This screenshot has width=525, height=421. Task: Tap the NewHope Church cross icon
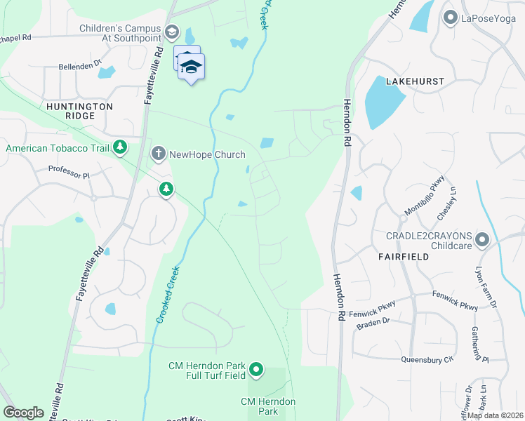click(x=159, y=153)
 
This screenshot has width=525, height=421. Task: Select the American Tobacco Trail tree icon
click(x=121, y=147)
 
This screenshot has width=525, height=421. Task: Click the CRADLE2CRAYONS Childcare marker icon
click(x=481, y=241)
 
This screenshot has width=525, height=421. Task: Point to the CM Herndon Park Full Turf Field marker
click(x=256, y=369)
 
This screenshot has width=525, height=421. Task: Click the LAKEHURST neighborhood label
click(x=413, y=81)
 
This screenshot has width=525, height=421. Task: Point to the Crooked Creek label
click(x=166, y=295)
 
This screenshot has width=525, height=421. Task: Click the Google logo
click(x=23, y=413)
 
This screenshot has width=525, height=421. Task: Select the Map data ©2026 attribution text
click(x=496, y=415)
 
